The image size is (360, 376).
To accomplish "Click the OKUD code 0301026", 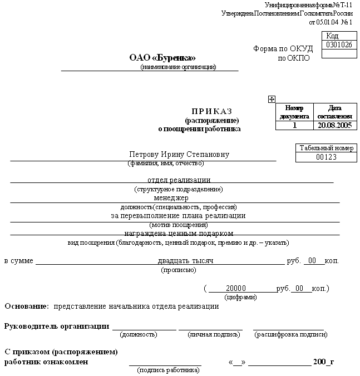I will coord(339,45).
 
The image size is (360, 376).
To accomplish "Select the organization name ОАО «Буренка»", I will coord(162,57).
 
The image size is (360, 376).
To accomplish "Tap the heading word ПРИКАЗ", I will coord(211,111).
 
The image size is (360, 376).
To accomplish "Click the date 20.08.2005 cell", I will coord(335,125).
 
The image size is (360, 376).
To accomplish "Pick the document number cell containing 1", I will coord(295,125).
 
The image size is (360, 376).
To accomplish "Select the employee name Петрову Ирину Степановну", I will coord(179,154).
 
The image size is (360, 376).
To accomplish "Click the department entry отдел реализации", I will coord(179,180).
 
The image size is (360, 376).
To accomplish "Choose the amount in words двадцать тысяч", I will coord(185,260).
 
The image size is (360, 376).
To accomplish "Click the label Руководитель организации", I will coord(56,326).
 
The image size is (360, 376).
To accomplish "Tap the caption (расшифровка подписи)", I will coord(290,334).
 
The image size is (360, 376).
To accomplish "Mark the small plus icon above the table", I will coord(272,99).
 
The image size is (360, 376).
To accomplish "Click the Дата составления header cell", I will coord(335,112).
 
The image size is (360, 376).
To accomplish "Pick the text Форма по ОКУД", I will coord(283,48).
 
